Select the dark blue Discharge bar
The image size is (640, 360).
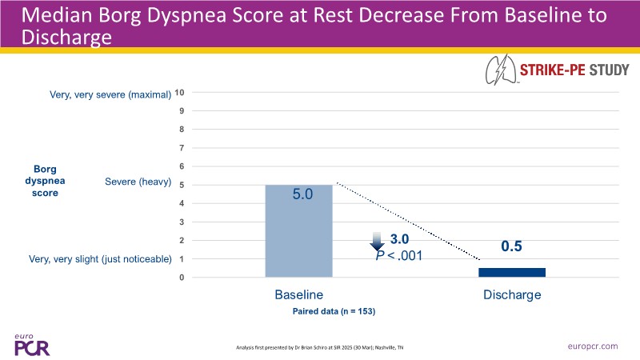point(512,272)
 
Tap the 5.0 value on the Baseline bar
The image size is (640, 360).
point(298,194)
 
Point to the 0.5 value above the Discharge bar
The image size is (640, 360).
point(512,246)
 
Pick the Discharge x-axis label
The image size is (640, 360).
point(512,294)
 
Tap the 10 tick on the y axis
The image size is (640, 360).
point(180,93)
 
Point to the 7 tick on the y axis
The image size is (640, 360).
point(182,148)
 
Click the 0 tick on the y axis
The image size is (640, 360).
point(182,278)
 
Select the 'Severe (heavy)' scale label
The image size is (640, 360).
point(138,182)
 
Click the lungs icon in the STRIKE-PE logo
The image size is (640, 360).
point(502,71)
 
